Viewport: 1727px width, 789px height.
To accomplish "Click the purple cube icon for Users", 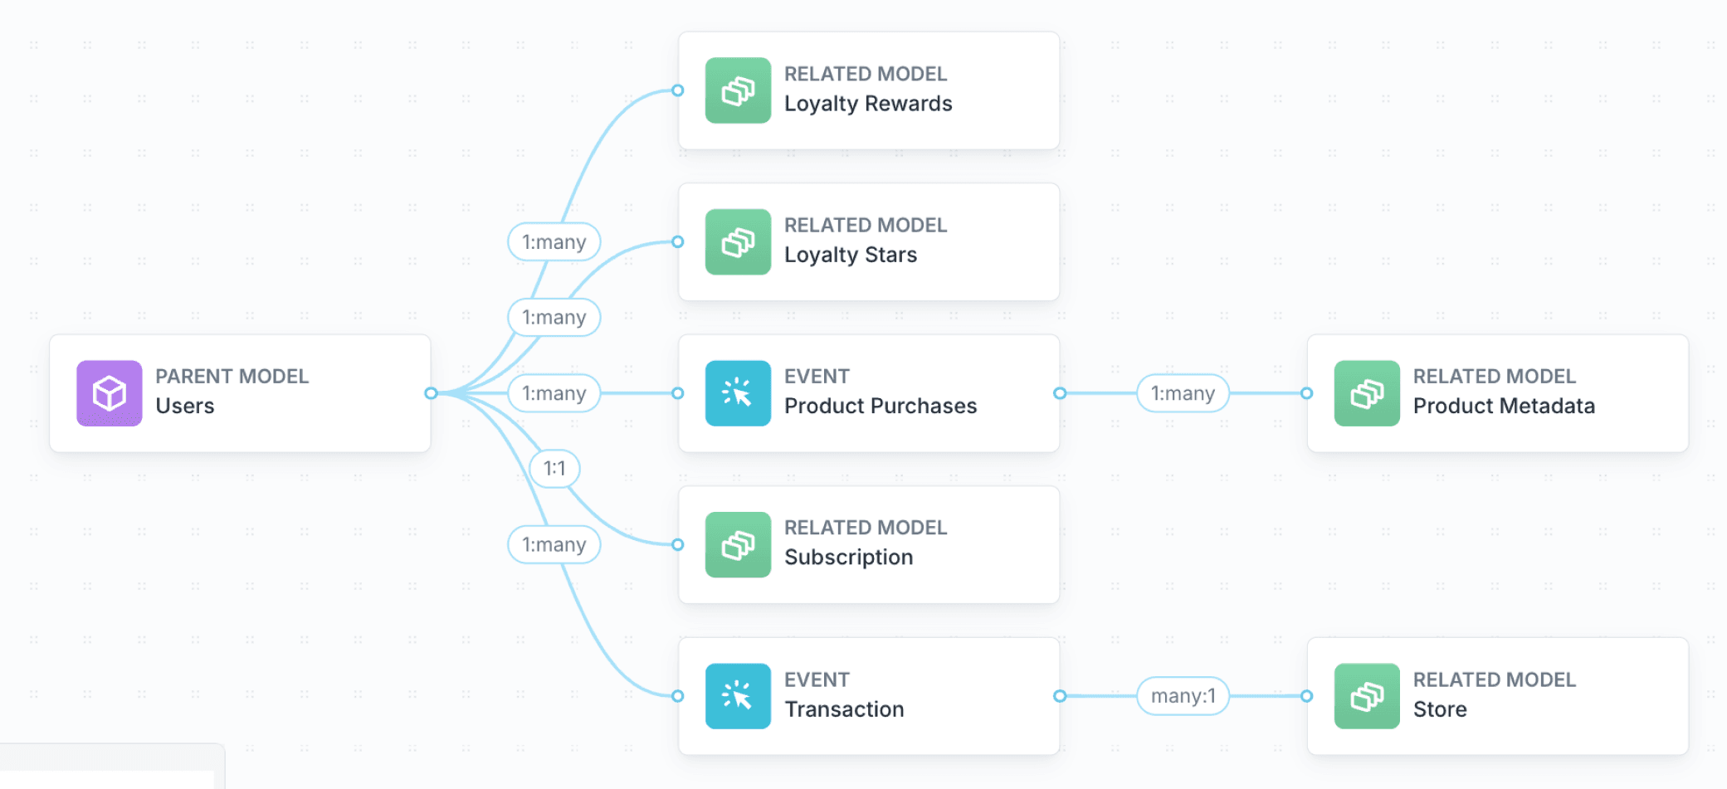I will click(109, 393).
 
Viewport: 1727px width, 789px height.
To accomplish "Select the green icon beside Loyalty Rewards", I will click(738, 90).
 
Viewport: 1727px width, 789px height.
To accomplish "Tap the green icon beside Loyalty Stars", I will click(738, 242).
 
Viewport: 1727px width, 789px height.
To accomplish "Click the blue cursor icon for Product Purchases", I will click(738, 393).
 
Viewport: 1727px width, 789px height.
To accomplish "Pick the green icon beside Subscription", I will click(738, 545).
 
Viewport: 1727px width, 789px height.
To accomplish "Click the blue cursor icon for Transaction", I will click(738, 696).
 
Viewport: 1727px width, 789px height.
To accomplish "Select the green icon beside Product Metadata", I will click(1367, 393).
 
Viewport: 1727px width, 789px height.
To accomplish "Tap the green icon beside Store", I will click(1367, 696).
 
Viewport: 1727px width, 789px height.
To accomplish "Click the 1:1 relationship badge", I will click(554, 469).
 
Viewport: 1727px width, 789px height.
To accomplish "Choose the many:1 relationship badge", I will click(1183, 696).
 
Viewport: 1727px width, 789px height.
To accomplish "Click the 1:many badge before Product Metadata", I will click(1183, 393).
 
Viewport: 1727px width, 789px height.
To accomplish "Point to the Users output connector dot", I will click(431, 393).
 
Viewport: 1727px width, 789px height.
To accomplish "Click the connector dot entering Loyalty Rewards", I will click(678, 90).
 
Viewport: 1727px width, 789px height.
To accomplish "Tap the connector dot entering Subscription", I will click(678, 545).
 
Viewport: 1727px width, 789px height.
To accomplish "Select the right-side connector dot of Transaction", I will click(1060, 696).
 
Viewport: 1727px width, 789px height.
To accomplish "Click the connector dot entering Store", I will click(1306, 696).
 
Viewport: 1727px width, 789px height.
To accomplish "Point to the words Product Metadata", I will click(1504, 407).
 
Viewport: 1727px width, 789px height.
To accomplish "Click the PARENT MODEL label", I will click(232, 377).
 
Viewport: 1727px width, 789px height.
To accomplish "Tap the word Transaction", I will click(844, 709).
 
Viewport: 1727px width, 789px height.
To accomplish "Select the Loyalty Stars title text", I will click(851, 255).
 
